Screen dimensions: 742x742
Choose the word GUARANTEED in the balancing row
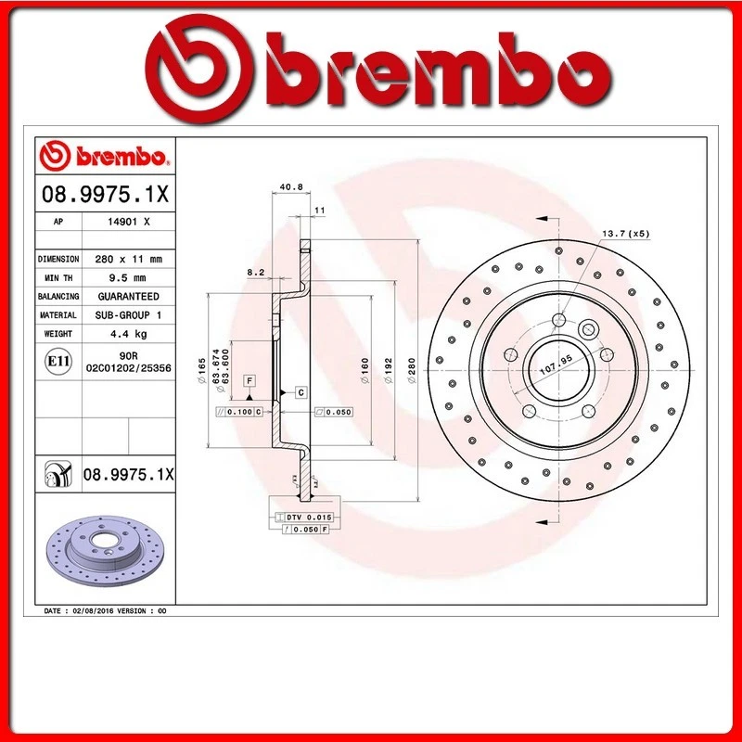pyautogui.click(x=128, y=296)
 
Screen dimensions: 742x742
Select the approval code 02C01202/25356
pyautogui.click(x=128, y=368)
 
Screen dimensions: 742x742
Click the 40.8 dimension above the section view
pyautogui.click(x=290, y=187)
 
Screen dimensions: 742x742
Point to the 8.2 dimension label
pyautogui.click(x=257, y=272)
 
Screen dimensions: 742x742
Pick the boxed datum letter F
pyautogui.click(x=249, y=380)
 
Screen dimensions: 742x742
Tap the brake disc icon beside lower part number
pyautogui.click(x=58, y=475)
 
